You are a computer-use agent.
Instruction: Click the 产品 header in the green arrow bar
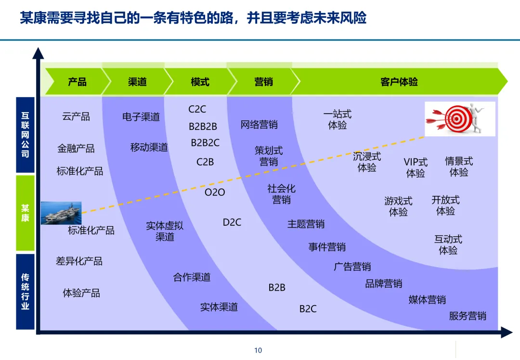click(77, 82)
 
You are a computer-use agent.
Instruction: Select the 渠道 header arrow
click(137, 82)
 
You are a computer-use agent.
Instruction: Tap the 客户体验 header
click(399, 82)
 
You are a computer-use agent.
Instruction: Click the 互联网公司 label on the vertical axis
click(25, 135)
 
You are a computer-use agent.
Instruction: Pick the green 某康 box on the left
click(25, 213)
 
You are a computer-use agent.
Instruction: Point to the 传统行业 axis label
click(25, 292)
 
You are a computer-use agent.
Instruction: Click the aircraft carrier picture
click(60, 213)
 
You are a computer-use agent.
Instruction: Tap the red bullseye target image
click(460, 118)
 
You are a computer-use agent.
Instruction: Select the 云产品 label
click(76, 116)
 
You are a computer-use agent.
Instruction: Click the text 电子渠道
click(141, 116)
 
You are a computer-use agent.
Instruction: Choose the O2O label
click(215, 193)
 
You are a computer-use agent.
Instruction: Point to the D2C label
click(232, 222)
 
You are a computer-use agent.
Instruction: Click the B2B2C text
click(205, 143)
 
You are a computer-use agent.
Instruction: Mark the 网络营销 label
click(259, 125)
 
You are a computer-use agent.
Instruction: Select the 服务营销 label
click(468, 316)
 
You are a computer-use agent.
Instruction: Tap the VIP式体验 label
click(416, 167)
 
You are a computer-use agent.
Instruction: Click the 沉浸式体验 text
click(367, 162)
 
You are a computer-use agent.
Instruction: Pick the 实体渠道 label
click(219, 307)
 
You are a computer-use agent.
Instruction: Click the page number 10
click(258, 350)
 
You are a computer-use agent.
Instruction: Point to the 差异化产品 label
click(79, 261)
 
